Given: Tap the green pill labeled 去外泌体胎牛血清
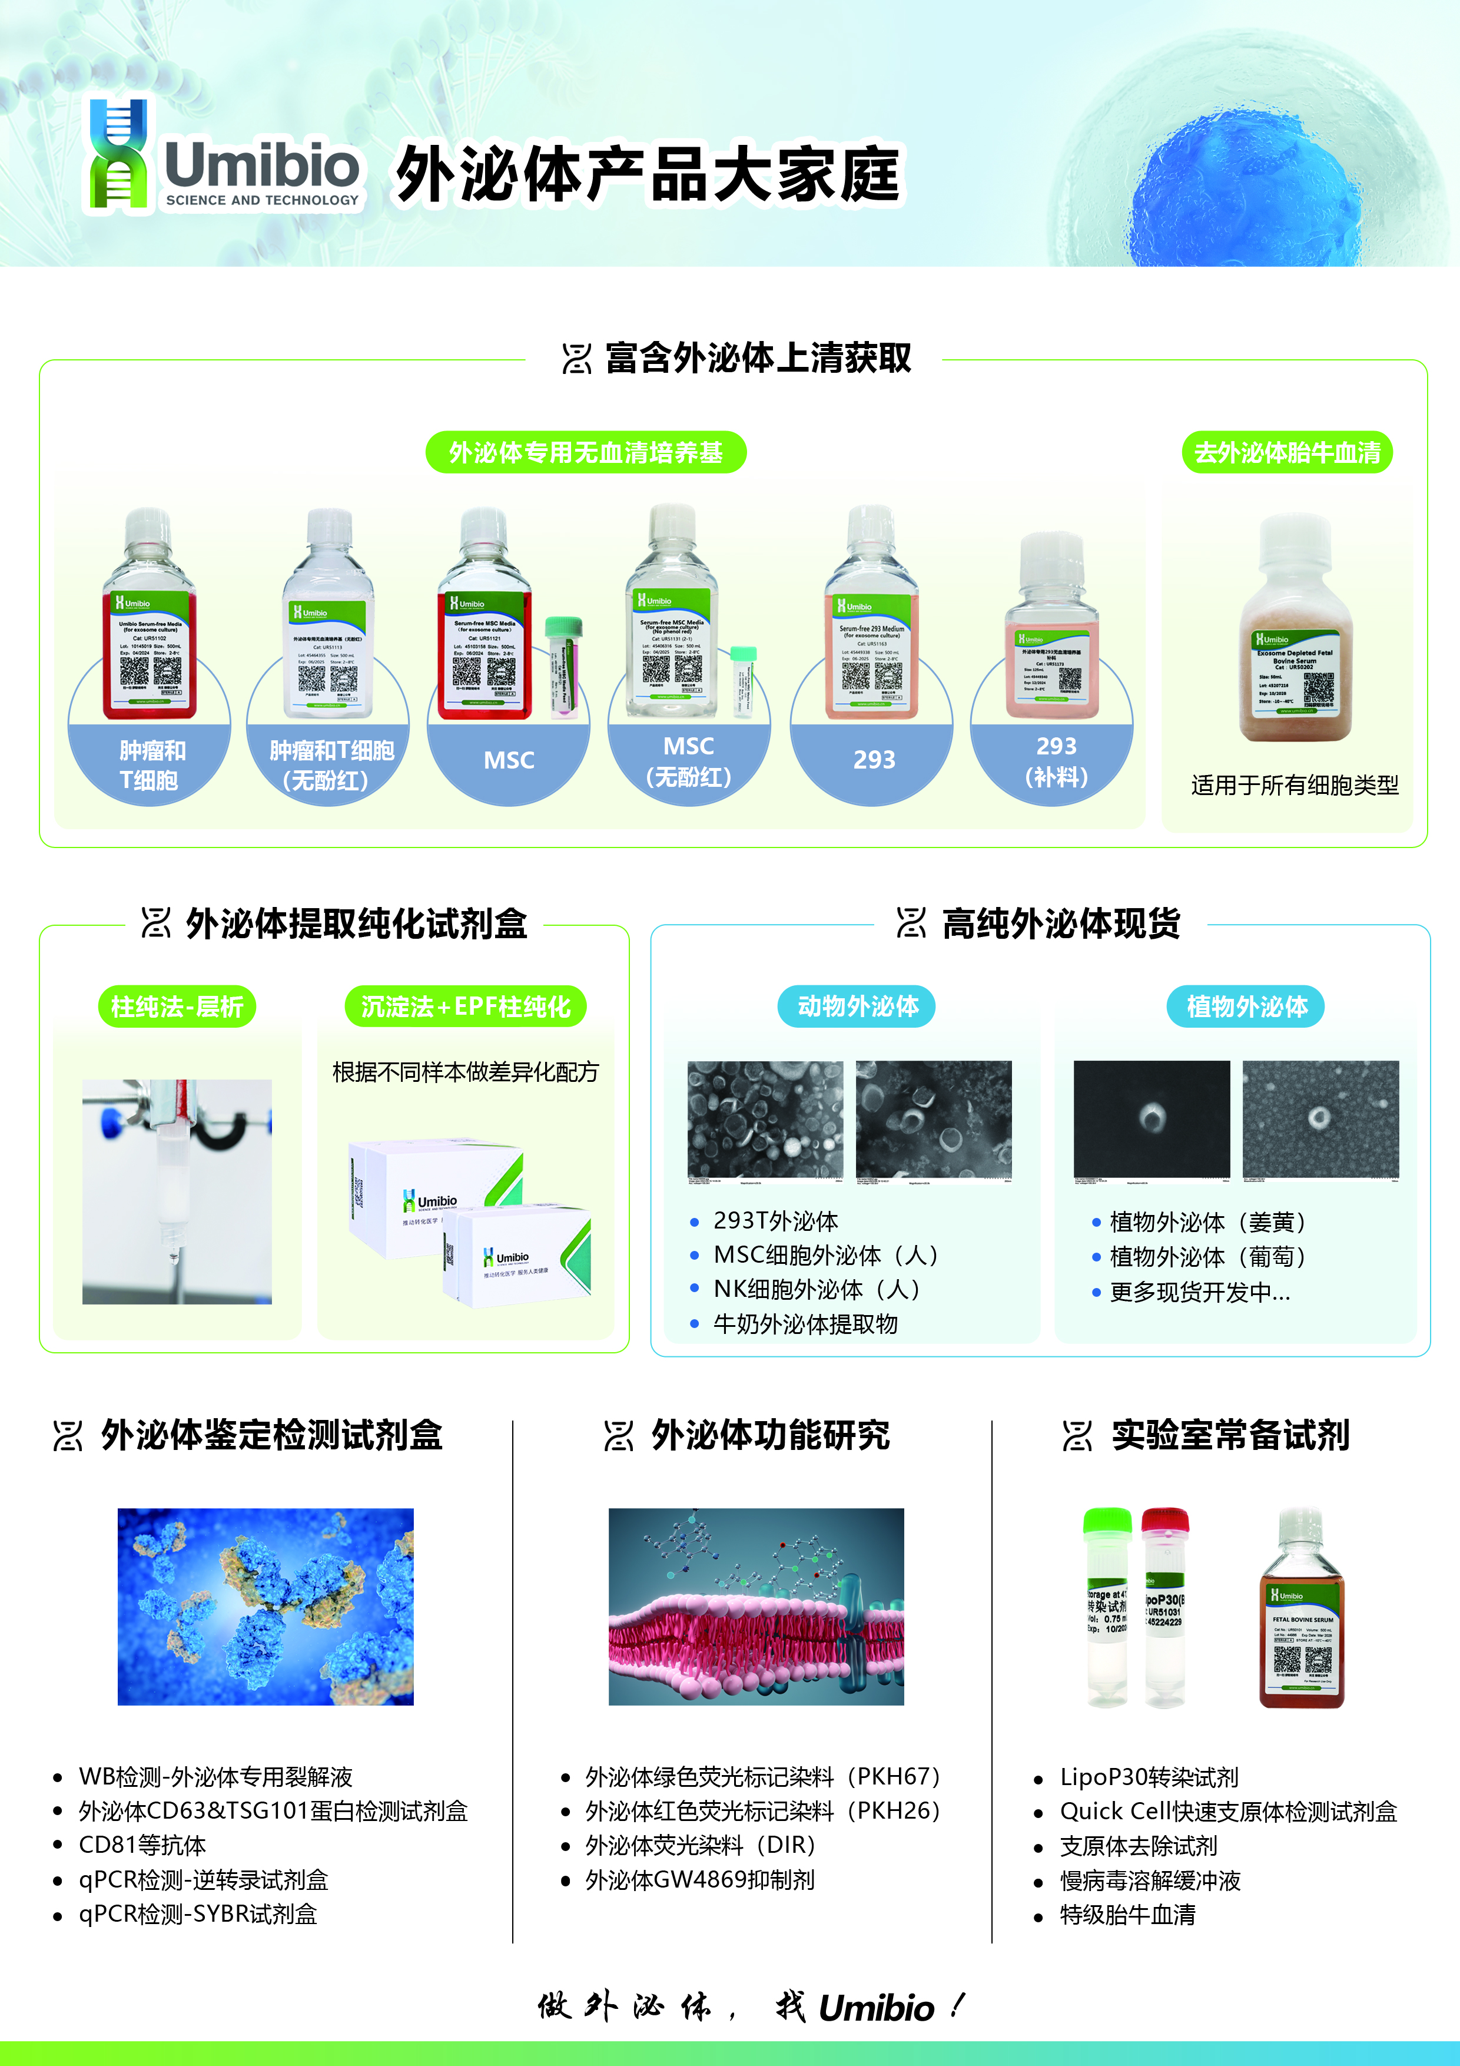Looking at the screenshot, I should pyautogui.click(x=1286, y=453).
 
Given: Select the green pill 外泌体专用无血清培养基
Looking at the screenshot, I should pyautogui.click(x=586, y=453).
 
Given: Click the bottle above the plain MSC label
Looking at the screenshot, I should pyautogui.click(x=484, y=621).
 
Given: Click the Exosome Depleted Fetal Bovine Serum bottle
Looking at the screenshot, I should pyautogui.click(x=1295, y=634).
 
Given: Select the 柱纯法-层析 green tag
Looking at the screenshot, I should pyautogui.click(x=177, y=1007).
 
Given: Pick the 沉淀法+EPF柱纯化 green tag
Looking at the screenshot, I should pyautogui.click(x=465, y=1007).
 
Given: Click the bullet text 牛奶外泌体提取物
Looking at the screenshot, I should pyautogui.click(x=805, y=1324).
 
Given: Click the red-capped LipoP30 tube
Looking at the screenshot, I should pyautogui.click(x=1165, y=1606).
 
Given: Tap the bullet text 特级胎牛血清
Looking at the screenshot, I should pyautogui.click(x=1127, y=1915).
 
